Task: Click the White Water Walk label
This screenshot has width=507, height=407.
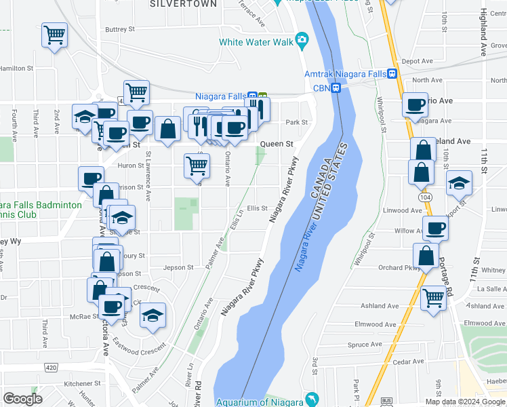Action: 256,42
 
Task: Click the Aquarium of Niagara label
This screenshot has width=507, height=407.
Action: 259,402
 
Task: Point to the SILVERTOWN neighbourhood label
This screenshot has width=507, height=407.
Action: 185,4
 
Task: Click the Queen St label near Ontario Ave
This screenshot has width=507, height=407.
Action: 277,144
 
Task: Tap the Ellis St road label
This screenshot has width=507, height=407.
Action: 258,208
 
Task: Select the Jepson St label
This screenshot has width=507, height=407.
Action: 178,267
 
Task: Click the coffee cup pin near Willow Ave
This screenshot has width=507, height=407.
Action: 435,228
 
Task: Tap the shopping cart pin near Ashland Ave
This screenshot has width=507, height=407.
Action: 433,297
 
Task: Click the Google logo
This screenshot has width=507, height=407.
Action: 22,399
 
